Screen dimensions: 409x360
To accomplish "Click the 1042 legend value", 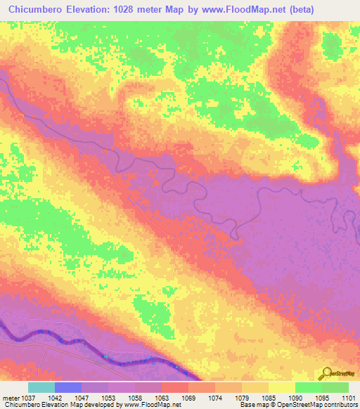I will pyautogui.click(x=68, y=397).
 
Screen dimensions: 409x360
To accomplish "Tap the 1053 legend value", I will pyautogui.click(x=122, y=397).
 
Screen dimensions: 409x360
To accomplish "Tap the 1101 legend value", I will pyautogui.click(x=348, y=397).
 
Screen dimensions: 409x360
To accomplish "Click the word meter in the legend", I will pyautogui.click(x=9, y=397).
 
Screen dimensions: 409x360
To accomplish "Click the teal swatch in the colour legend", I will pyautogui.click(x=41, y=387).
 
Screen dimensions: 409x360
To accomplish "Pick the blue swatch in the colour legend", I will pyautogui.click(x=67, y=387).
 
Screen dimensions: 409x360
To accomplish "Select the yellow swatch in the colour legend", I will pyautogui.click(x=281, y=387).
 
